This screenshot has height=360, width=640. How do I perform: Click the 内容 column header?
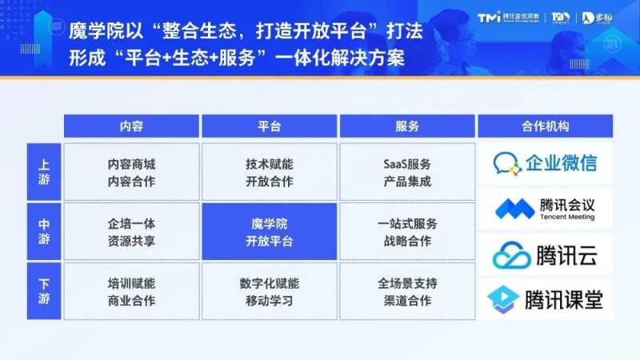(131, 126)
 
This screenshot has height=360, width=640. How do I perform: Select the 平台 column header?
(269, 126)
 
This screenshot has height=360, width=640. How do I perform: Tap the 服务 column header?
(406, 126)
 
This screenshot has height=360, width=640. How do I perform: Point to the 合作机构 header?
(545, 126)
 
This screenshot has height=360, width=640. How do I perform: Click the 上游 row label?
(44, 172)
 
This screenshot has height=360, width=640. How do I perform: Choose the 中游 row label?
(44, 231)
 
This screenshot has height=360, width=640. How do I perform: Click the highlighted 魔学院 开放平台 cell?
(269, 232)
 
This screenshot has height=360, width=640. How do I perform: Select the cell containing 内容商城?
(131, 172)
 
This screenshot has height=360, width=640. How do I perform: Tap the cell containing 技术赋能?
(269, 172)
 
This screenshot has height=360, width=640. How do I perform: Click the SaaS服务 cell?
(406, 172)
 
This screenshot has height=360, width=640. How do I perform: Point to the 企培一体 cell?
(131, 232)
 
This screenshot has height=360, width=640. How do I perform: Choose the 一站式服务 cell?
(406, 232)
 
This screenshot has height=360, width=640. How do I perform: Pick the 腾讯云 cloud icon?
(512, 255)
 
